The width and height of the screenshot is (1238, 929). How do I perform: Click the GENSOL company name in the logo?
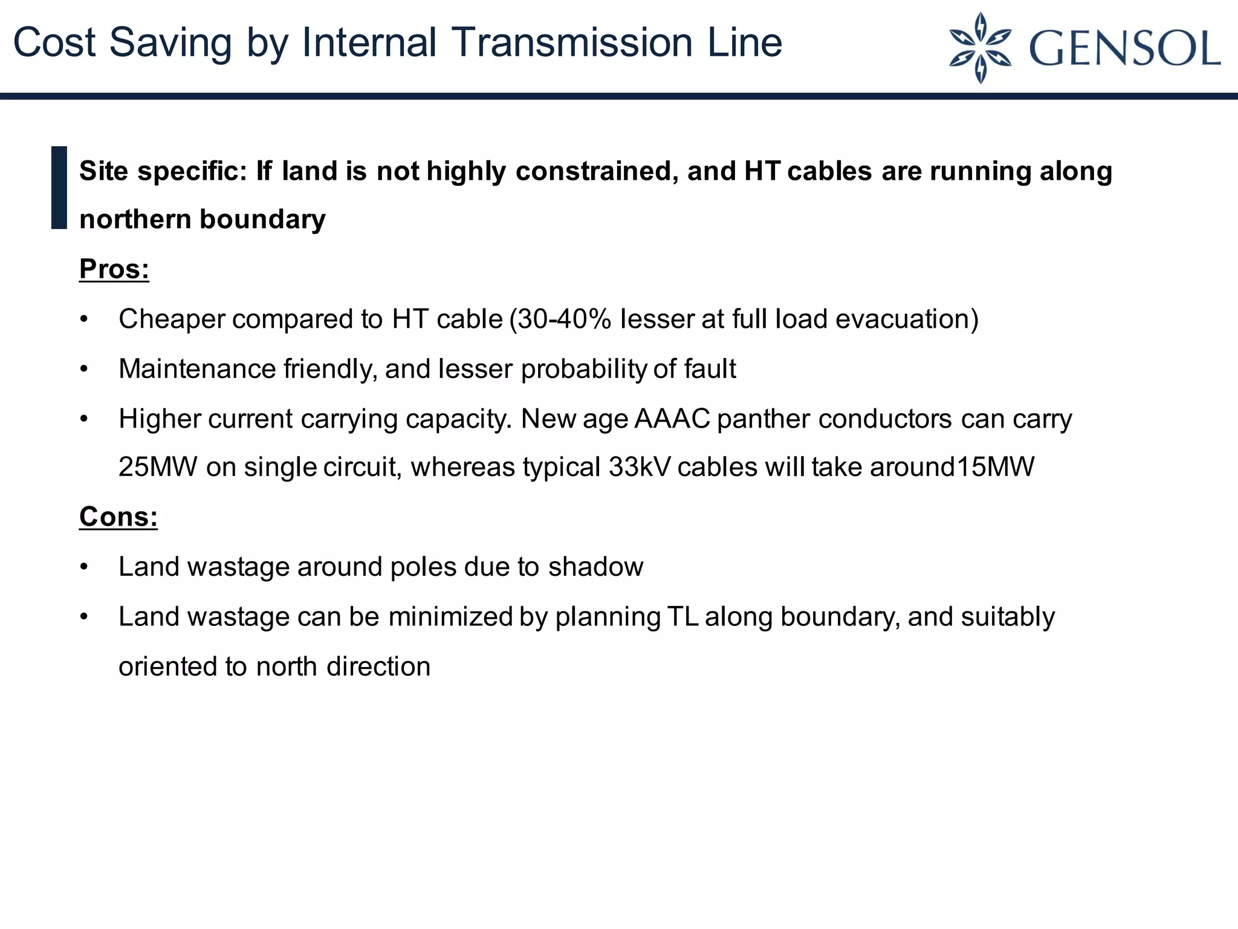pos(1124,48)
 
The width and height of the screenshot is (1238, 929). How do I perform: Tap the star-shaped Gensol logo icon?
pos(980,48)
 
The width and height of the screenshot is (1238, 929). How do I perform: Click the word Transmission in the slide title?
pos(572,43)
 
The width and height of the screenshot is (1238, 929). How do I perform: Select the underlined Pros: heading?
pos(114,269)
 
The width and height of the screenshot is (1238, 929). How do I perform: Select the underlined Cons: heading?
pos(118,517)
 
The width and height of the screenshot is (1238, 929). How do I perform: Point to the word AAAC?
pos(672,419)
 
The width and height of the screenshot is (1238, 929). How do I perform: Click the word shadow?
pos(595,567)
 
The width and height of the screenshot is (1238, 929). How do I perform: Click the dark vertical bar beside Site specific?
pos(59,187)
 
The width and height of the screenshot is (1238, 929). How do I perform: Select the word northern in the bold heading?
pos(135,220)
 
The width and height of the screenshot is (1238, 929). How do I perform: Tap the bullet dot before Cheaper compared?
pos(84,319)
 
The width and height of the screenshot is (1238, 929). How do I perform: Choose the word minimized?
pos(450,617)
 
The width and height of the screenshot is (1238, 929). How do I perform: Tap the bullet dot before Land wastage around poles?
pos(84,567)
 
